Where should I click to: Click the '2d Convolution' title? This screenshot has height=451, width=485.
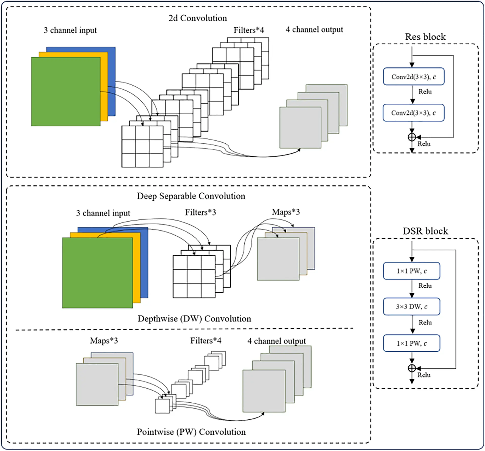click(x=198, y=18)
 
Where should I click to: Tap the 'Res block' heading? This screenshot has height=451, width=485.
click(x=425, y=37)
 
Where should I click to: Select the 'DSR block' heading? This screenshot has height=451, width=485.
click(x=425, y=231)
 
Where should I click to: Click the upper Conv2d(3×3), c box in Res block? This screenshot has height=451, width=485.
click(x=413, y=76)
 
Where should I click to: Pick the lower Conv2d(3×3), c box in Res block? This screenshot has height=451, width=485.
click(x=413, y=113)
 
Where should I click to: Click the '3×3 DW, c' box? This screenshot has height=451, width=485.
click(x=411, y=306)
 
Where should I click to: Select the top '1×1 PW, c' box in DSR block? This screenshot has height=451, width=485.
click(x=411, y=271)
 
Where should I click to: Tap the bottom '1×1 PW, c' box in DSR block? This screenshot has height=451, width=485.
click(x=411, y=343)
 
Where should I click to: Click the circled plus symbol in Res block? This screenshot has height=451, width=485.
click(x=412, y=137)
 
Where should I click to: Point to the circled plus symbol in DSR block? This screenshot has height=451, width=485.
click(x=412, y=368)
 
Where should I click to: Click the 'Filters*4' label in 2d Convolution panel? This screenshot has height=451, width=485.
click(x=249, y=30)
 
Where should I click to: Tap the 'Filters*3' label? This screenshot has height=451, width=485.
click(x=200, y=212)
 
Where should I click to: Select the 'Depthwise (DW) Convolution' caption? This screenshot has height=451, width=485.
click(x=194, y=319)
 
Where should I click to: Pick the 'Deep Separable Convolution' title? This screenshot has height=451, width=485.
click(x=191, y=196)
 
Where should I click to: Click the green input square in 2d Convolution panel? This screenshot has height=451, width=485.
click(x=65, y=92)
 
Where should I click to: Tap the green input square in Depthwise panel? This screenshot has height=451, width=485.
click(x=97, y=273)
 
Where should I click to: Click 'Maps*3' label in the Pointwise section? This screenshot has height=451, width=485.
click(x=104, y=340)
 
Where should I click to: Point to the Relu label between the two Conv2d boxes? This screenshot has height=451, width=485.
click(x=425, y=91)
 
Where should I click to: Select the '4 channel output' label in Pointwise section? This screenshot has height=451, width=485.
click(x=276, y=341)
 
